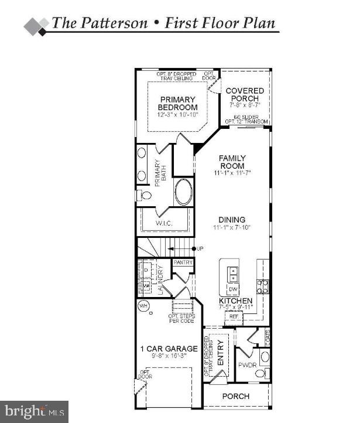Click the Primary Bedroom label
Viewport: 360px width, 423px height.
(177, 103)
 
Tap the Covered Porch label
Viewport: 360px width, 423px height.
(245, 95)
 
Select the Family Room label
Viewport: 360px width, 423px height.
(232, 162)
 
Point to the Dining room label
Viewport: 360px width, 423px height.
(232, 220)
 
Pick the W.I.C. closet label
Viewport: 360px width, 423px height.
(163, 224)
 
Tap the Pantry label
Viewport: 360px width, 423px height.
(183, 263)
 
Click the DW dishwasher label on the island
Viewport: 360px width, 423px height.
(232, 289)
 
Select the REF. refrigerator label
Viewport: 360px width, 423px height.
(233, 316)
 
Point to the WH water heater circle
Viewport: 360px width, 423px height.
(143, 306)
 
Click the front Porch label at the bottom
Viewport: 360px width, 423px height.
(236, 397)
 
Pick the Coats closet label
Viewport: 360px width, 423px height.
(268, 337)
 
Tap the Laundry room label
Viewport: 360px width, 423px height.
(160, 281)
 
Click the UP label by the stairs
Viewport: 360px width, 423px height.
(200, 249)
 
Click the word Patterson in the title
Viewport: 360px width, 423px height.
(109, 23)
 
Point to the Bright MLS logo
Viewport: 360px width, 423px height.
(34, 411)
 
